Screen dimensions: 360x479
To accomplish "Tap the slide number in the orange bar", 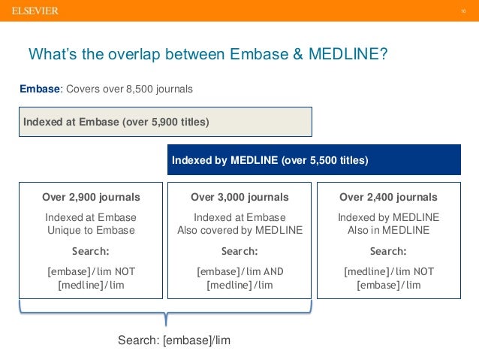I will [464, 11].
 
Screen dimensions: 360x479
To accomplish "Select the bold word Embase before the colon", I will [39, 89].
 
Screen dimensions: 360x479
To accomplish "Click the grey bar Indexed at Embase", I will [165, 122].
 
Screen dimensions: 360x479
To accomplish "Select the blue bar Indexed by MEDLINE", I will [313, 160].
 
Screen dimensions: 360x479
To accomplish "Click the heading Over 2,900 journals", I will [91, 198].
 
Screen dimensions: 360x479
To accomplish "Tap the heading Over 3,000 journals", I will [239, 198].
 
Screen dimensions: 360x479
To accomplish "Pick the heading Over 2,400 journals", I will [388, 198].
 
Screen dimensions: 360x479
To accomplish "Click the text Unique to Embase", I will [91, 230].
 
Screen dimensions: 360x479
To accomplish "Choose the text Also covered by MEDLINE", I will [239, 230].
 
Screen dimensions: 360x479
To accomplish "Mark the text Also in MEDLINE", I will [388, 230].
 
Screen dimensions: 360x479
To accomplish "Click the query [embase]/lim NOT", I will [91, 271].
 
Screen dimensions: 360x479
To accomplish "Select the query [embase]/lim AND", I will [239, 271].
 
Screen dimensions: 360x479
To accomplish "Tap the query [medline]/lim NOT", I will [388, 271].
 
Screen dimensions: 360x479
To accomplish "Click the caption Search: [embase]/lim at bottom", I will [174, 340].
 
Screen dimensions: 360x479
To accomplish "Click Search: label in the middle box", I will [239, 251].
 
